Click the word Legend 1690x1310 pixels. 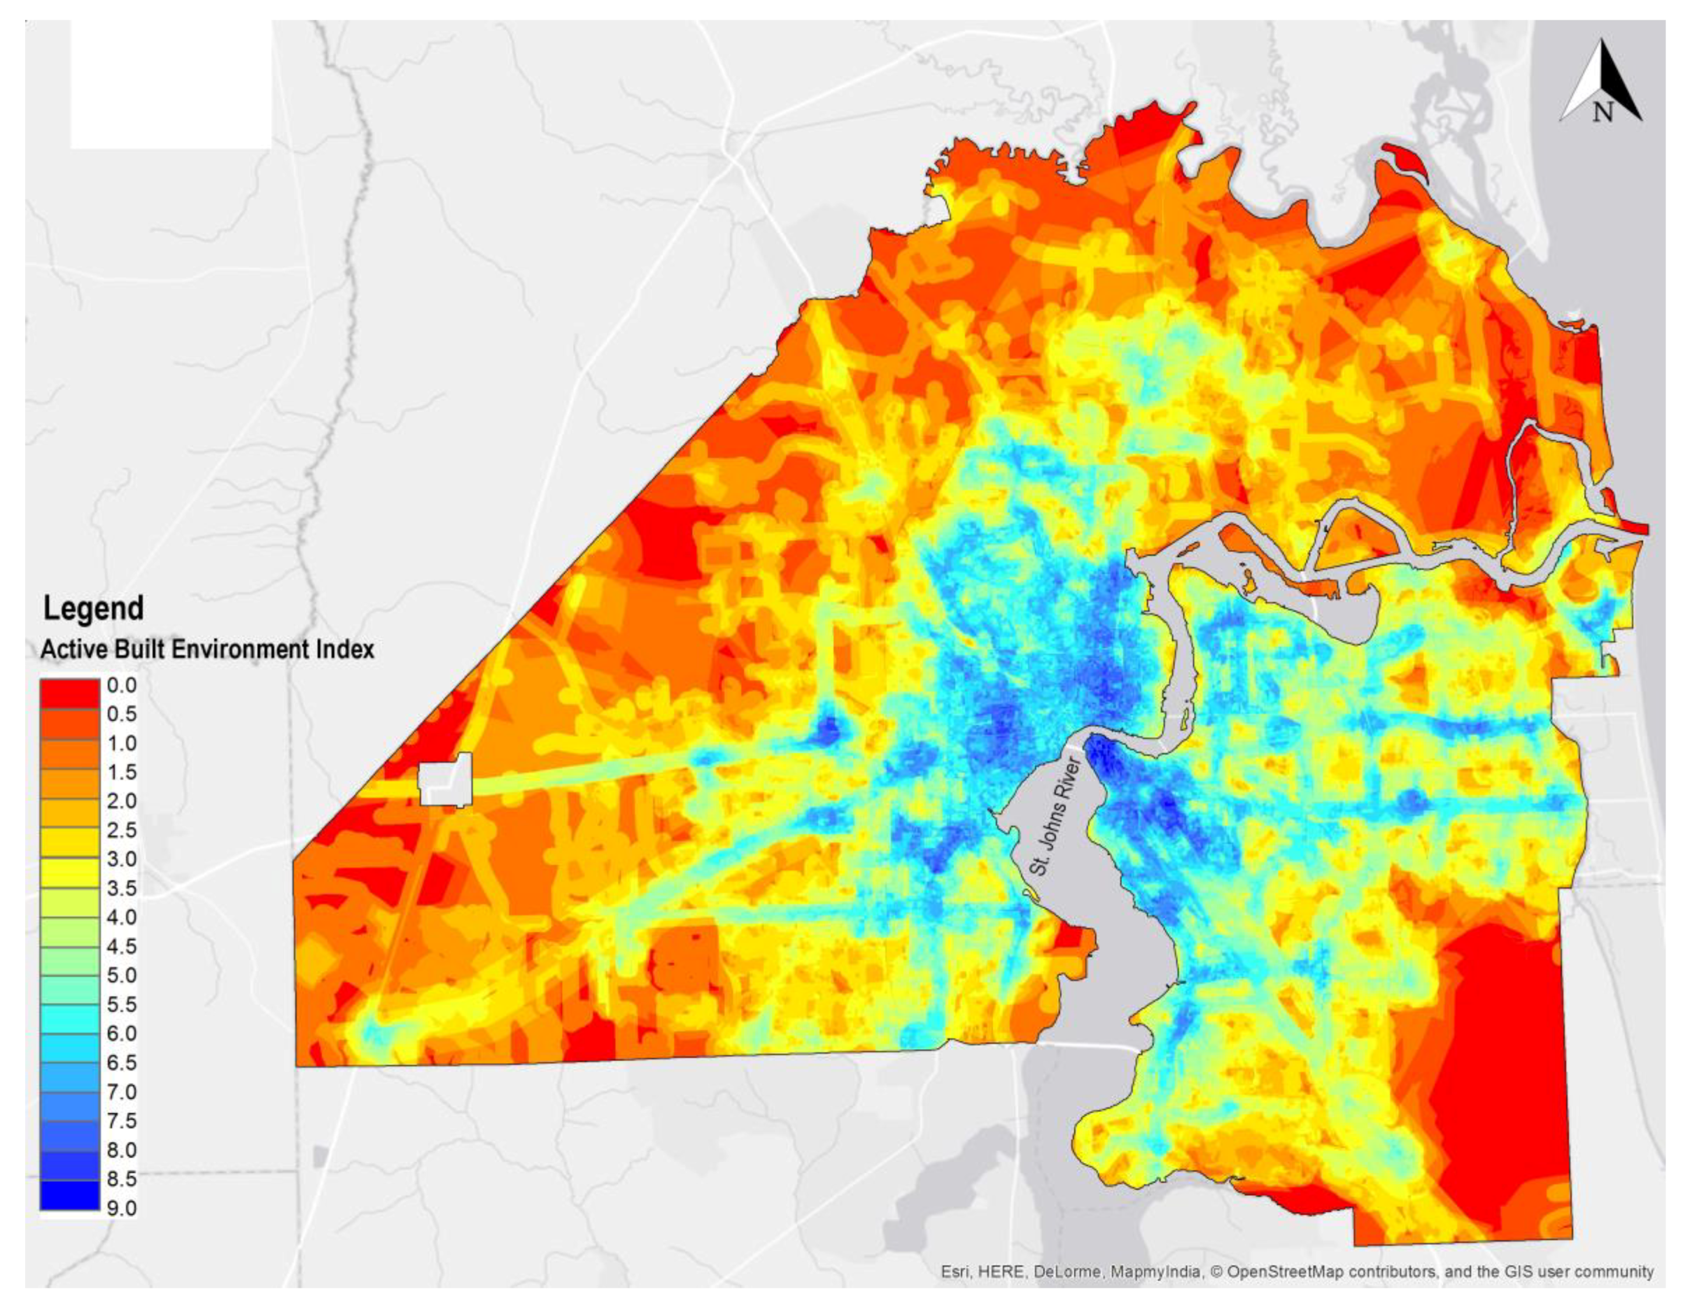[x=93, y=608]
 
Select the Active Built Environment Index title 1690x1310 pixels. [x=207, y=649]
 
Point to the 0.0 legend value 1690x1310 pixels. [x=122, y=685]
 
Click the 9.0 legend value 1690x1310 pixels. [x=122, y=1209]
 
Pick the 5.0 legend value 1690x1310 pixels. [x=122, y=976]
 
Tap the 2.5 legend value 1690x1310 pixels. [x=122, y=830]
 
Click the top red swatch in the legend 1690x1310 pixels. [x=70, y=693]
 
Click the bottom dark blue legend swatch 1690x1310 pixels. [x=70, y=1195]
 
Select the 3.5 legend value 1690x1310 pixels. [x=122, y=888]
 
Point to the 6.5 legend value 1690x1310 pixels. [x=122, y=1063]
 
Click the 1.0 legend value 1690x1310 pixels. [x=122, y=743]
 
